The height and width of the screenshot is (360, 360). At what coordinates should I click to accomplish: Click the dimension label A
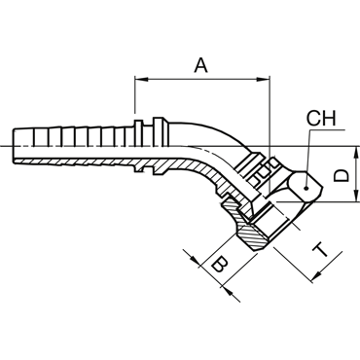200,65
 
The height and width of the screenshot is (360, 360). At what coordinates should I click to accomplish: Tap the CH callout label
321,119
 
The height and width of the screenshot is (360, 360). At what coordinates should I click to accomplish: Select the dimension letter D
342,176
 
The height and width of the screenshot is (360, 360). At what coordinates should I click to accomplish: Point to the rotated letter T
321,250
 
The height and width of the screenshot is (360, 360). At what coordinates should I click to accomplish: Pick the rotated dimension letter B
219,264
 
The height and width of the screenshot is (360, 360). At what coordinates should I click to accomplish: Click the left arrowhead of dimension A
141,79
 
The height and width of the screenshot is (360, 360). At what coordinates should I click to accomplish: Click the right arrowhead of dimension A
263,79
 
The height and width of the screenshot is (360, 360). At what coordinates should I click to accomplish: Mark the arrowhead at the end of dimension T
315,276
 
